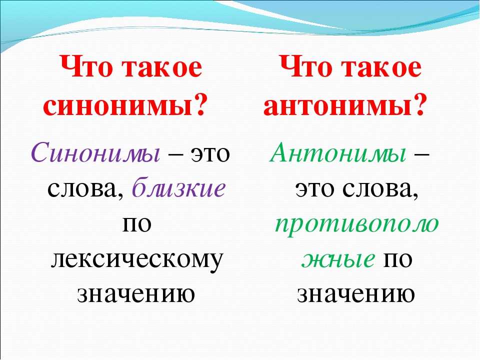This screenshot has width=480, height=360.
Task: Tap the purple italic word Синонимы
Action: tap(95, 152)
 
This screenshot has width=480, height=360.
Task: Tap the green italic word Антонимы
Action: tap(338, 152)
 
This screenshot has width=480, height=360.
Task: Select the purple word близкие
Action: tap(179, 187)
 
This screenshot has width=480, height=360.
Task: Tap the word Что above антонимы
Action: tap(306, 66)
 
